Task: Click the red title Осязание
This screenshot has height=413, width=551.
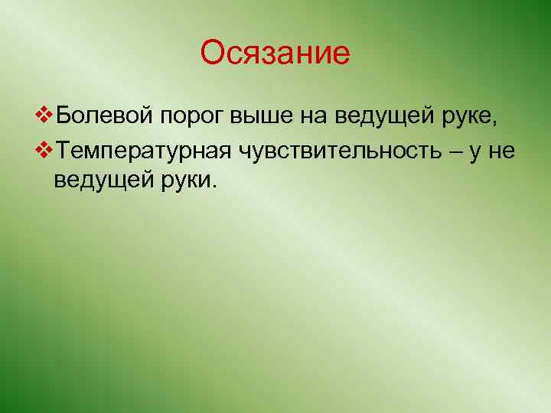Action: click(x=275, y=54)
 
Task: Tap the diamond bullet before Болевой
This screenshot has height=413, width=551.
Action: click(x=44, y=115)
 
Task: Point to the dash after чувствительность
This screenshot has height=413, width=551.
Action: click(x=458, y=151)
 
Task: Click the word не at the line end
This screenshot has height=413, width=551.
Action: click(x=504, y=151)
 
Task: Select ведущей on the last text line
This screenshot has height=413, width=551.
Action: click(x=100, y=182)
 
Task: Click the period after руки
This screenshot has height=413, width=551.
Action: click(x=215, y=187)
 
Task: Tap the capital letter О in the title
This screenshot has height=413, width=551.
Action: click(x=213, y=54)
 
